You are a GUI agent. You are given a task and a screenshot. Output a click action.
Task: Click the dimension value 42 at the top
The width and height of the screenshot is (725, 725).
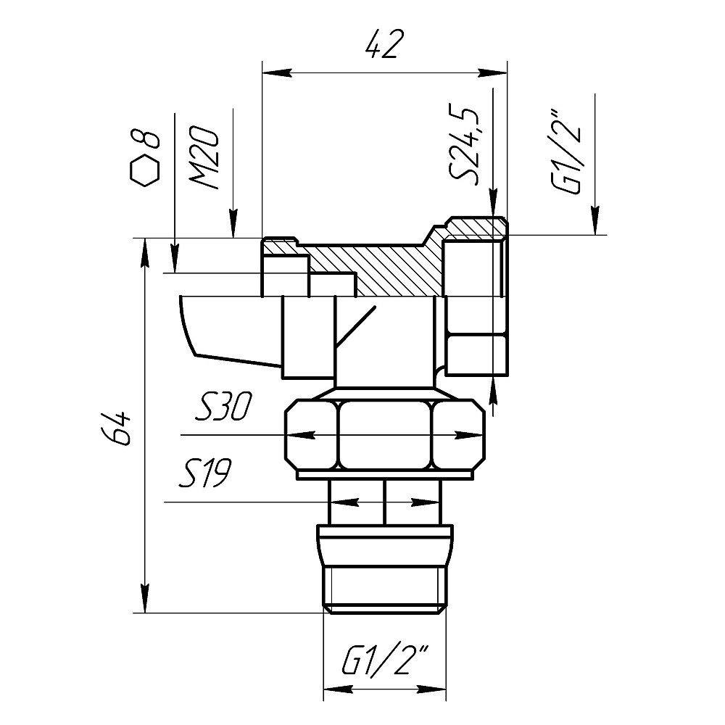point(381,44)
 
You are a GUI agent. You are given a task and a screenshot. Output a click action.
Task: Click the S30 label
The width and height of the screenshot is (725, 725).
point(223,407)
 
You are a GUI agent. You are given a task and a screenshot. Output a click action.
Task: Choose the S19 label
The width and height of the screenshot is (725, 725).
point(205,473)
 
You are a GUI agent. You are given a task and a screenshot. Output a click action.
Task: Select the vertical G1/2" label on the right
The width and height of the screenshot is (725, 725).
point(566,152)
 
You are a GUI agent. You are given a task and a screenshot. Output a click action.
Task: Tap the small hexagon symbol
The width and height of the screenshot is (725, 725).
point(145,170)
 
